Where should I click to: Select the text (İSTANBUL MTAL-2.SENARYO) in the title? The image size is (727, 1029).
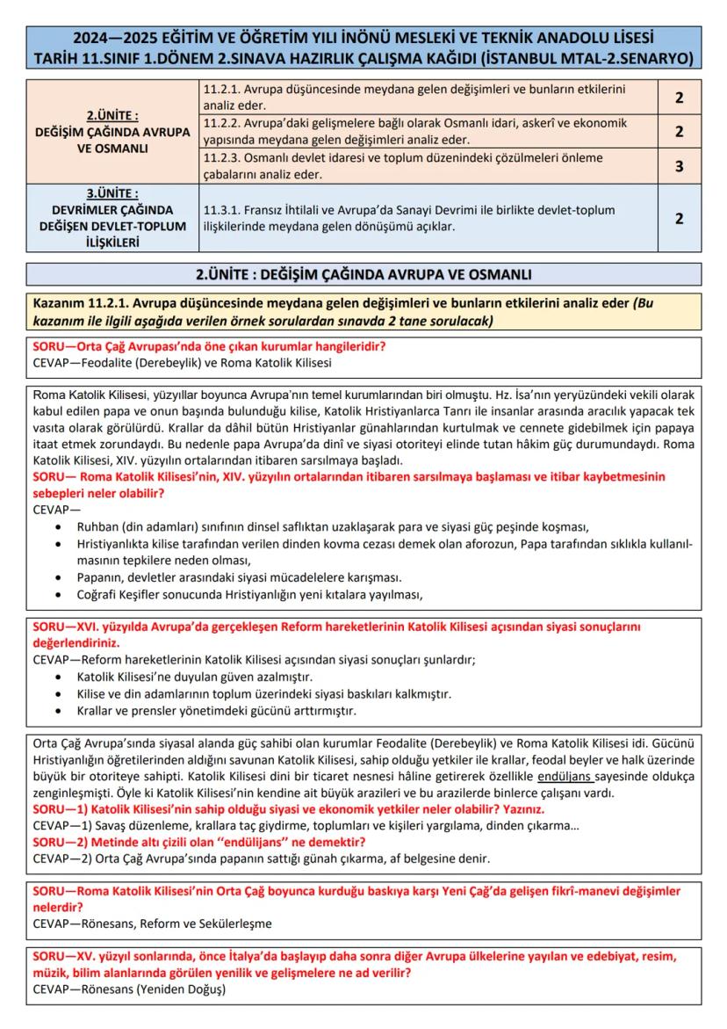coord(581,58)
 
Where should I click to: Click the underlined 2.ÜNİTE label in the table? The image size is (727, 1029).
coord(112,115)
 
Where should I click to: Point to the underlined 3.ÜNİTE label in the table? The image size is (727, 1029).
coord(112,193)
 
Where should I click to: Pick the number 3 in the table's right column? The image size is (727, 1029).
coord(679,165)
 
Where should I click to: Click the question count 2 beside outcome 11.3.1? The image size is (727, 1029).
coord(679,218)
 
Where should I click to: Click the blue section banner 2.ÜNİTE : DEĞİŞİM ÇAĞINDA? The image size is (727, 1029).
coord(363,274)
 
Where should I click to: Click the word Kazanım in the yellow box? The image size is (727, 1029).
coord(59,303)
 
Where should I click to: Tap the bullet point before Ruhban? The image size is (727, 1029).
coord(58,527)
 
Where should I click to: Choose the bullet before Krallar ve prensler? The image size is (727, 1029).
coord(58,710)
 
